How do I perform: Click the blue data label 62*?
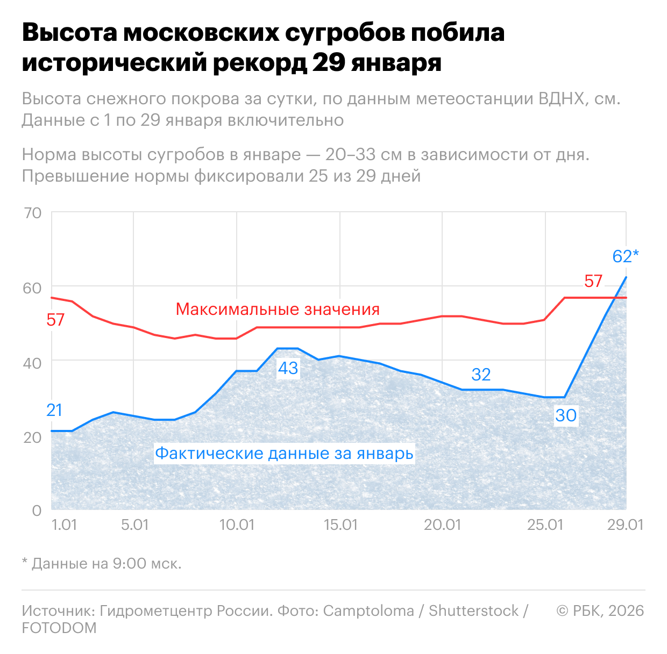[625, 256]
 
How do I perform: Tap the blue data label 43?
[288, 368]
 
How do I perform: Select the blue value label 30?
[566, 415]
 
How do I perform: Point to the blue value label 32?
[481, 375]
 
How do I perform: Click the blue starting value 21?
[54, 410]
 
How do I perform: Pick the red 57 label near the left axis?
[55, 320]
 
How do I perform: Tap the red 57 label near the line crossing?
[593, 281]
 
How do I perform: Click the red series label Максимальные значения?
[278, 310]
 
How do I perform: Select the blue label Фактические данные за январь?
[284, 454]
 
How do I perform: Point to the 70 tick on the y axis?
[33, 213]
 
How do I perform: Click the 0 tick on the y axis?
[37, 510]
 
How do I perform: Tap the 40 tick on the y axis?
[33, 363]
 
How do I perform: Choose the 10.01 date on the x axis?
[237, 524]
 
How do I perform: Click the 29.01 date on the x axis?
[625, 524]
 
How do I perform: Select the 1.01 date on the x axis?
[64, 524]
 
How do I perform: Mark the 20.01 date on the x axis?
[442, 524]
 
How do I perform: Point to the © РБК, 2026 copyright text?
[600, 610]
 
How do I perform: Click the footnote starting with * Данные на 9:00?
[102, 563]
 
